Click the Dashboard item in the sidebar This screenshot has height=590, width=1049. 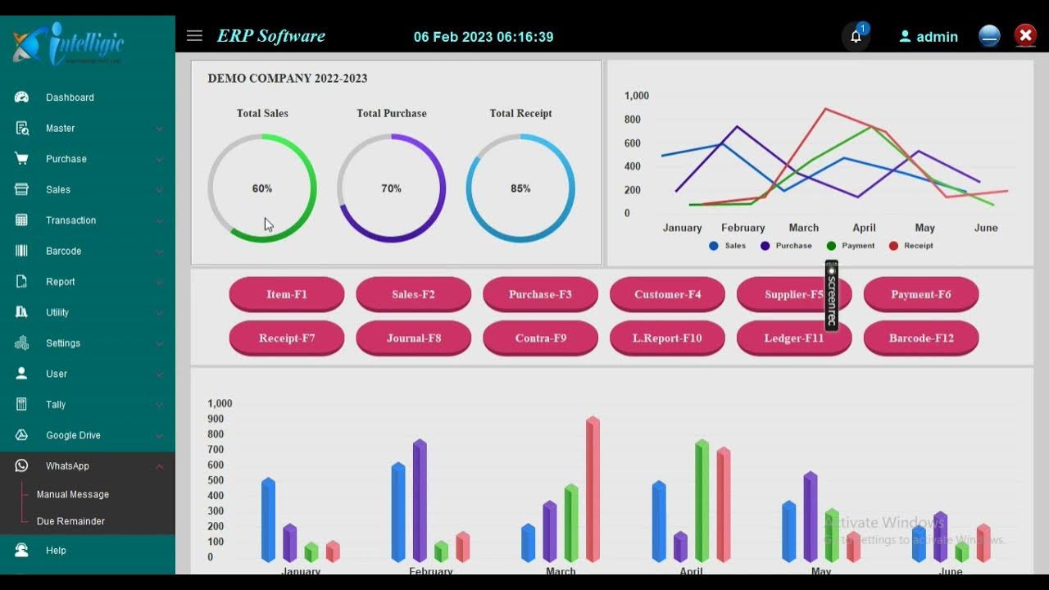70,98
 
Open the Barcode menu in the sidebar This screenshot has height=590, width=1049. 63,251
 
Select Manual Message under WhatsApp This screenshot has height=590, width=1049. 72,494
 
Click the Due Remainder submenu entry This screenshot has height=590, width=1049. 70,521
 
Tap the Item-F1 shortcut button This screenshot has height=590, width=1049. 286,294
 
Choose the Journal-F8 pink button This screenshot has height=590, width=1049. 413,338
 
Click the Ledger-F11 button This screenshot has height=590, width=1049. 793,338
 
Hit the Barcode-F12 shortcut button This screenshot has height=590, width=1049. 920,338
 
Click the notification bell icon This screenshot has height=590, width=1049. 856,37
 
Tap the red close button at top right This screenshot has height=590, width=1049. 1025,36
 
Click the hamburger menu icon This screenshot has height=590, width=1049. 194,36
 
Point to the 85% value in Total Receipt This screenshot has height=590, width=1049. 520,188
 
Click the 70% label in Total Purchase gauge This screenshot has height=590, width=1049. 391,188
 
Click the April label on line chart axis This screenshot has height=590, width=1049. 864,228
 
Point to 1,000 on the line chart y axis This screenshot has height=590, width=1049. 636,96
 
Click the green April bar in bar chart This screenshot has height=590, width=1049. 702,501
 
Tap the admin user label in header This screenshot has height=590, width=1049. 937,37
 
